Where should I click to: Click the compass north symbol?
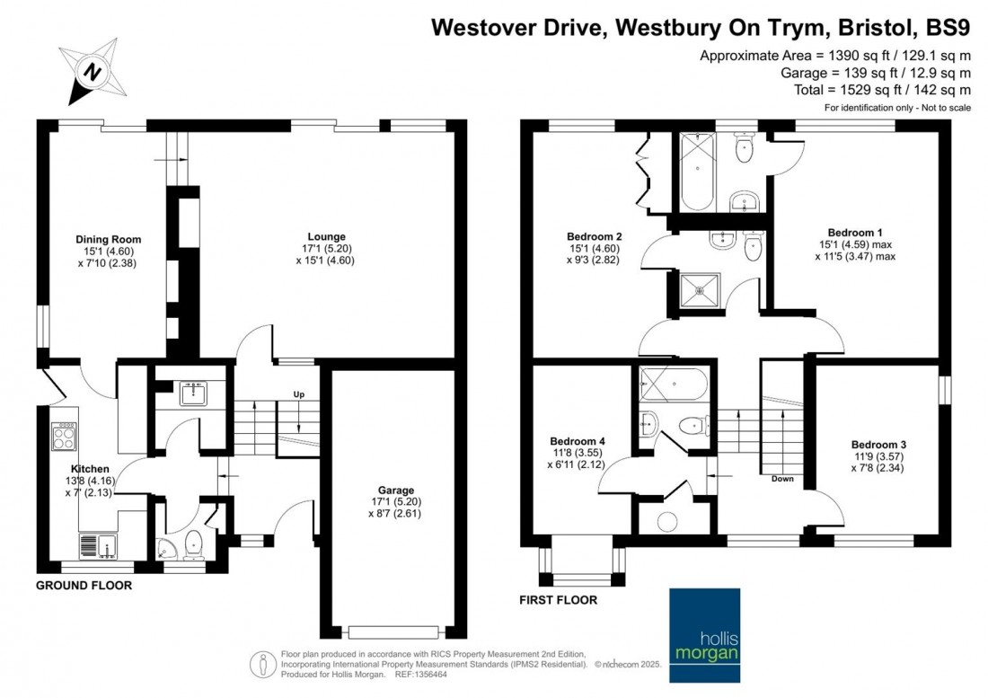click(x=93, y=72)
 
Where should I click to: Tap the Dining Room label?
click(x=109, y=239)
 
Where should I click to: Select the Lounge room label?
click(x=326, y=237)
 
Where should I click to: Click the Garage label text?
click(x=396, y=490)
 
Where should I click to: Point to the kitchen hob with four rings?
click(x=65, y=437)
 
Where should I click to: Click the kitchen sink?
click(x=97, y=545)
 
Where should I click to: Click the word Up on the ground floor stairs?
click(x=299, y=394)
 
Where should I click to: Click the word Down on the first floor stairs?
click(x=782, y=479)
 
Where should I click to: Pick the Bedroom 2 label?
click(x=595, y=237)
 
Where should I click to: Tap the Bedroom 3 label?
click(x=878, y=445)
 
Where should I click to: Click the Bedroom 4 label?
click(x=578, y=442)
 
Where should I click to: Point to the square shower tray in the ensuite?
click(x=700, y=290)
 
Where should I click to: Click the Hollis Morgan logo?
click(x=704, y=635)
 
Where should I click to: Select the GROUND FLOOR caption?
click(x=84, y=585)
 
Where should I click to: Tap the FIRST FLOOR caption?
click(x=559, y=600)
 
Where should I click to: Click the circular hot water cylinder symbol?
click(x=666, y=521)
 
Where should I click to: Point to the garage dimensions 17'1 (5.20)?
click(x=396, y=502)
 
